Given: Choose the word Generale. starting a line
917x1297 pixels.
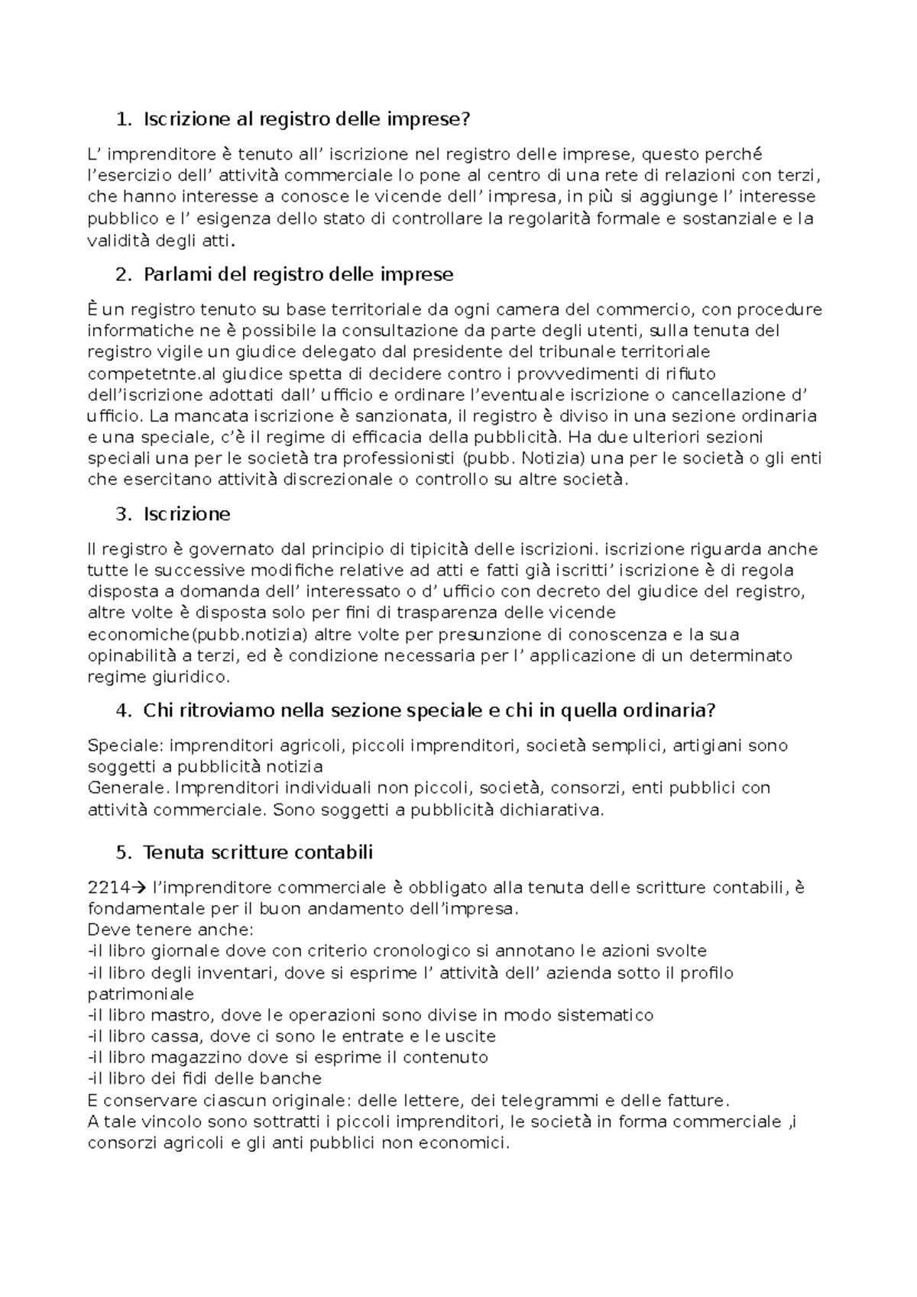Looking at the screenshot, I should (x=127, y=788).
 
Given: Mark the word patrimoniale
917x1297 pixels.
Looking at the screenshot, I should (x=141, y=994).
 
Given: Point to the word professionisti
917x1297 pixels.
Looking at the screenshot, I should (x=400, y=458).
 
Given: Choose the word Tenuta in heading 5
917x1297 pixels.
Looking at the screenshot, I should (x=170, y=852).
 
